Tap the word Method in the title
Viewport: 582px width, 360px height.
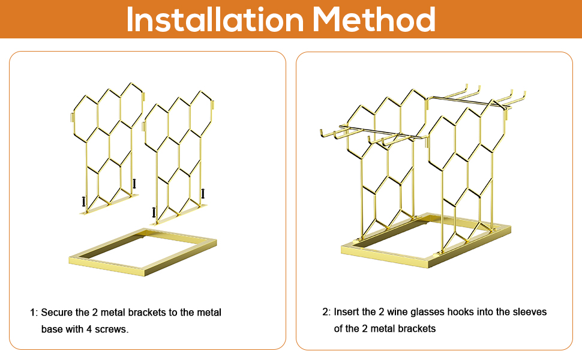point(373,19)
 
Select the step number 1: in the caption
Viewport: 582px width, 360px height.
point(34,313)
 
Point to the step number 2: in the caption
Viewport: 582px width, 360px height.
point(326,312)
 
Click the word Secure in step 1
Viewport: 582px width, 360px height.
point(57,313)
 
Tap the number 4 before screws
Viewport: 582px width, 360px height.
point(89,329)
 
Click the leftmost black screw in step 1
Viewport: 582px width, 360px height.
point(83,202)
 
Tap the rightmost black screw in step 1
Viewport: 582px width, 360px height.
point(203,193)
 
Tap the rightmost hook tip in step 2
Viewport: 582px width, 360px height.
point(524,92)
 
